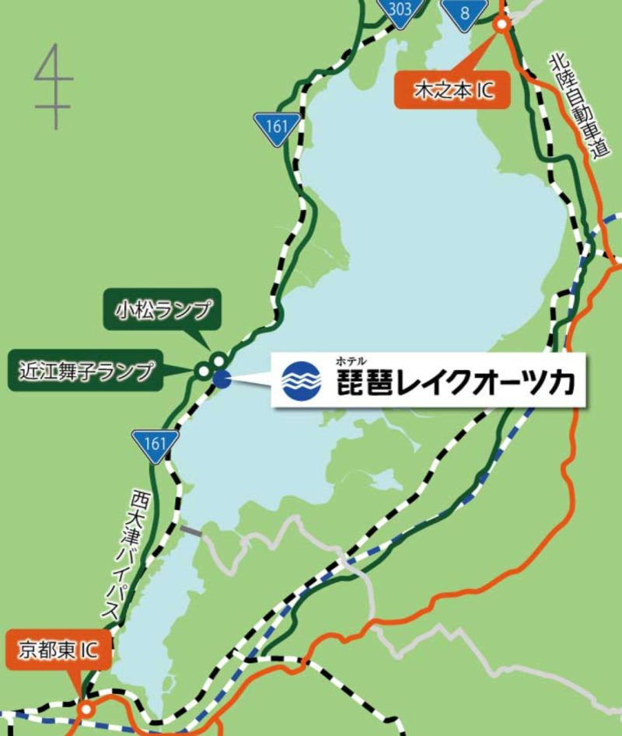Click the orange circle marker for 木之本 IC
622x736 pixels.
tap(502, 25)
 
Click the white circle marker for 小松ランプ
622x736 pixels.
tap(218, 359)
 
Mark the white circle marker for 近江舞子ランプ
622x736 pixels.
tap(203, 371)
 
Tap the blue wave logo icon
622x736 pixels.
tap(300, 380)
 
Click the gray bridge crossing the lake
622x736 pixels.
tap(190, 531)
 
